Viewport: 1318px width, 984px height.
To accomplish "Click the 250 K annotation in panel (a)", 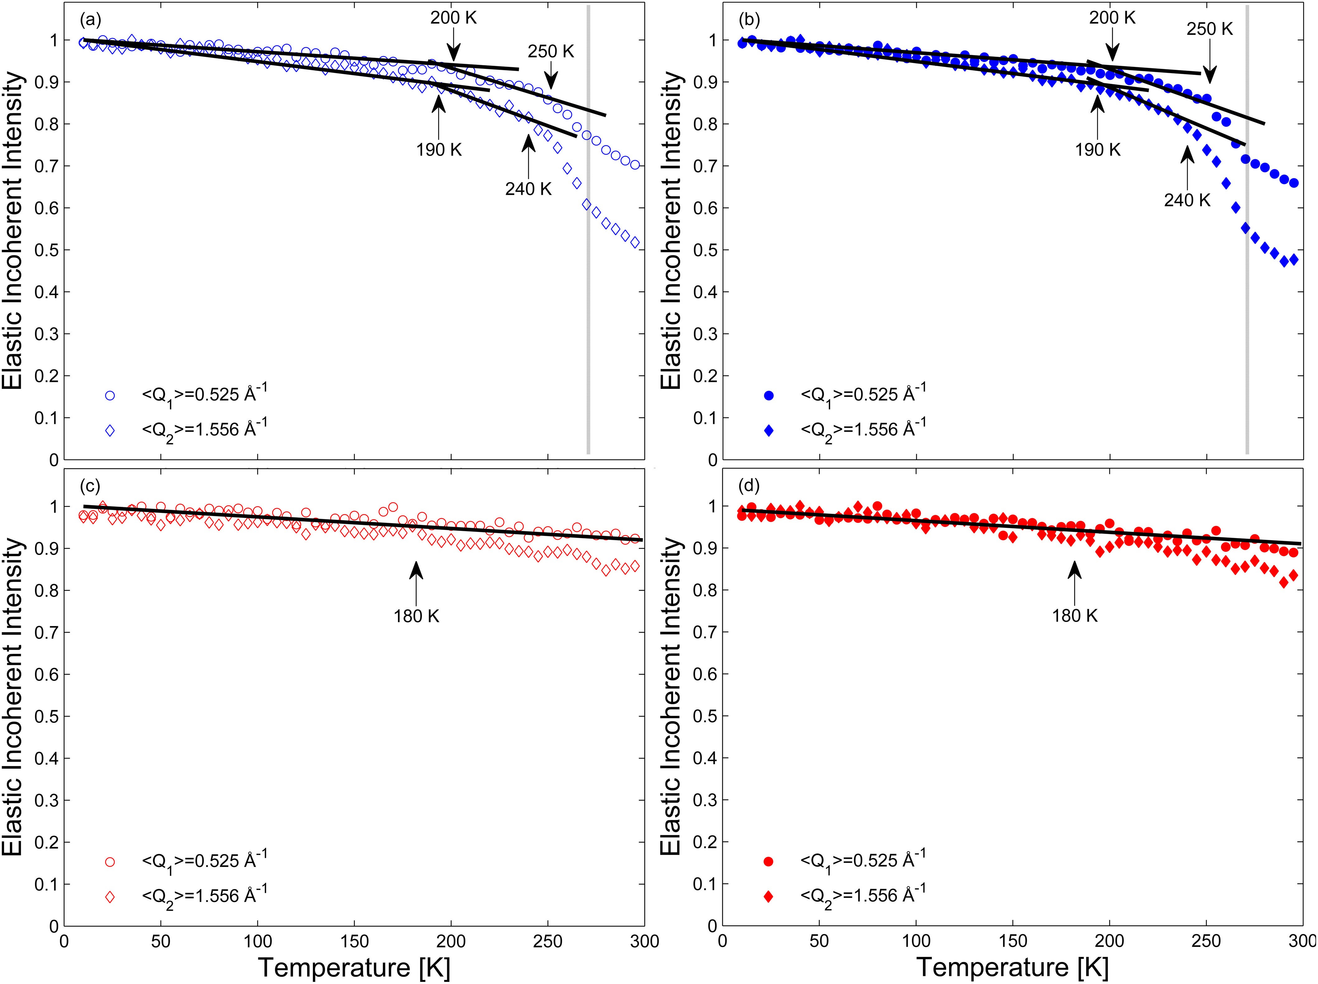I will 551,52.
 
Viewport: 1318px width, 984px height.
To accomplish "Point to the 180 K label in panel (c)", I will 416,616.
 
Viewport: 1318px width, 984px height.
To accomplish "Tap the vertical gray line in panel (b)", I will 1247,238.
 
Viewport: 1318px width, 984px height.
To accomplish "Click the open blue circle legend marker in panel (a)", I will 110,396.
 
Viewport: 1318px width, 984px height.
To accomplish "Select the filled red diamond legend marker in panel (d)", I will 769,897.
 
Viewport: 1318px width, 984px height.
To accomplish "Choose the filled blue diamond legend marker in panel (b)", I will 769,430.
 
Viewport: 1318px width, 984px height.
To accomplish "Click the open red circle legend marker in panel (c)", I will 110,862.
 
